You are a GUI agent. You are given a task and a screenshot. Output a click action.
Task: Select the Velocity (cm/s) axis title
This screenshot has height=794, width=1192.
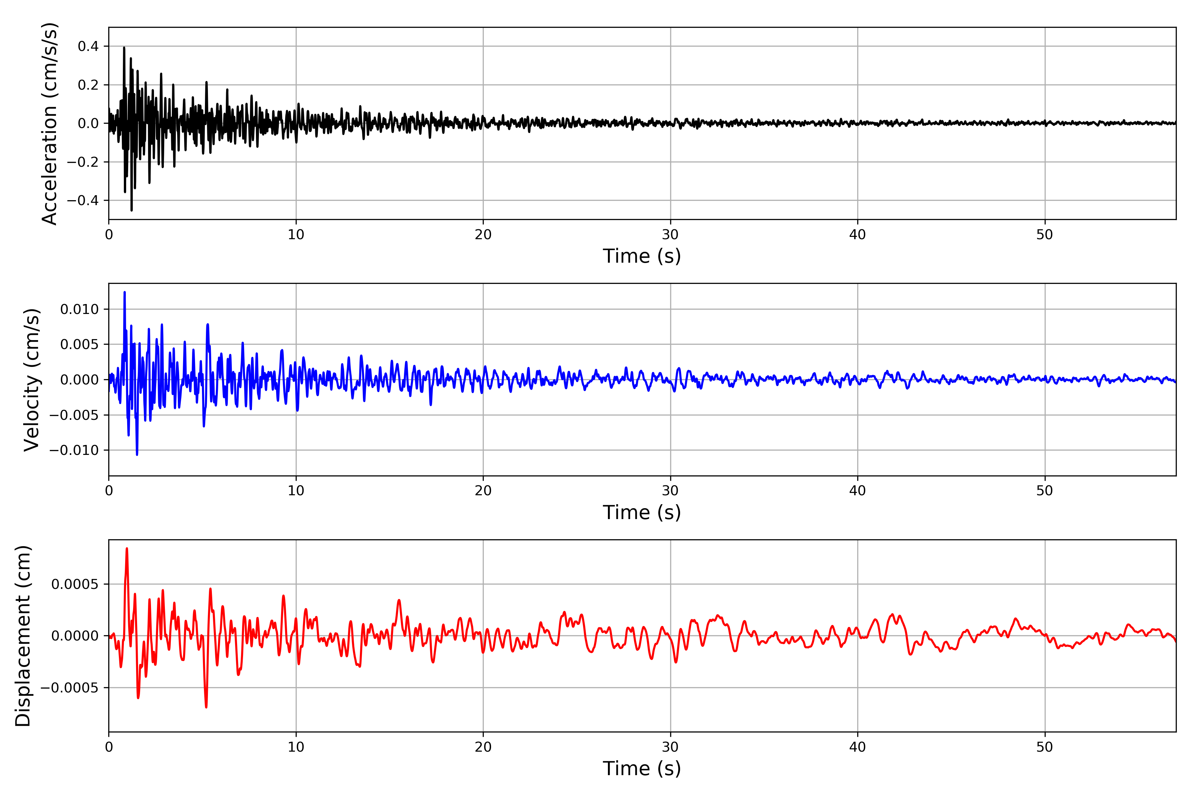coord(31,380)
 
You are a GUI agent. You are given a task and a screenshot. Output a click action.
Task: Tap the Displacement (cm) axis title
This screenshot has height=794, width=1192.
coord(23,636)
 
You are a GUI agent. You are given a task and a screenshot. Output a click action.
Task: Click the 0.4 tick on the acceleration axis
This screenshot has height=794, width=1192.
coord(88,47)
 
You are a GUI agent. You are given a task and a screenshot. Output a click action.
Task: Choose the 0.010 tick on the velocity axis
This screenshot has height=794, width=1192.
coord(79,309)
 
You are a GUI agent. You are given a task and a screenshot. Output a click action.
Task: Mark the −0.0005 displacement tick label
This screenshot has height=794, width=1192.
coord(70,688)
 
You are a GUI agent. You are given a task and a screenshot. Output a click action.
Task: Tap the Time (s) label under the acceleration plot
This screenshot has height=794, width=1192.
coord(642,256)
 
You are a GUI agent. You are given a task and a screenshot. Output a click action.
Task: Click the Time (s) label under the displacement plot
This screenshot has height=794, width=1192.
coord(642,769)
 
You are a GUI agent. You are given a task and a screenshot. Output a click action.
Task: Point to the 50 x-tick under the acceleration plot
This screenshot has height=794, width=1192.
coord(1045,235)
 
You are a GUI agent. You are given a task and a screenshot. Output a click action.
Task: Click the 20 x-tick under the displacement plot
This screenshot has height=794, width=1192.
coord(483,747)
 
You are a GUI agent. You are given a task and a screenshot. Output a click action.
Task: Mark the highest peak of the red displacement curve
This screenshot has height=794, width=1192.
coord(127,549)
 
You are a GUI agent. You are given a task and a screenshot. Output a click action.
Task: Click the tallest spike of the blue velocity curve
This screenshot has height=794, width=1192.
coord(125,292)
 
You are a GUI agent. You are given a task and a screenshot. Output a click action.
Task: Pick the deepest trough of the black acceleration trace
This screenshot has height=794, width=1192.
coord(132,210)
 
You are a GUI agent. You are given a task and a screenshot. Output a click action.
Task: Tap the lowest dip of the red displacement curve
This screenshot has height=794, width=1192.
coord(206,707)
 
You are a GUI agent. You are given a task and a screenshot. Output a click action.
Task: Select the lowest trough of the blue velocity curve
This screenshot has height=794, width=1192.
coord(137,455)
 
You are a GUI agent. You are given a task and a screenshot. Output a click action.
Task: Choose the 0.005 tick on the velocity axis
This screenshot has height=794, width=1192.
coord(79,344)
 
